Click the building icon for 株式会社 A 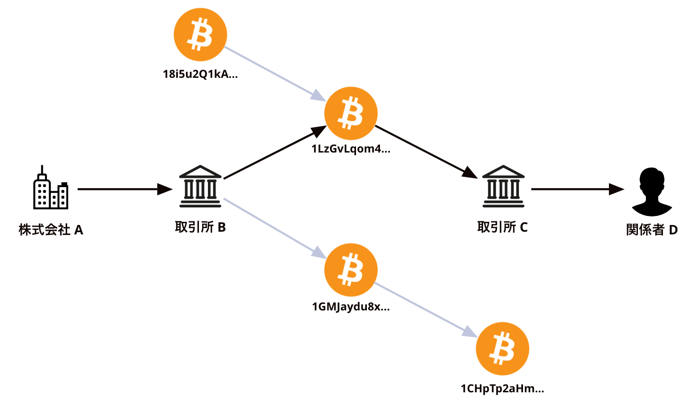pos(50,188)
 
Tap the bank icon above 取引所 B pos(200,187)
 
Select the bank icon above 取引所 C pos(503,187)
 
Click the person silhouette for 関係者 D pos(652,192)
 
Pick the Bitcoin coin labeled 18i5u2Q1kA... pos(200,35)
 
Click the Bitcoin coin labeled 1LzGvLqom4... pos(351,113)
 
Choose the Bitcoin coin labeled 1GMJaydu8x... pos(351,270)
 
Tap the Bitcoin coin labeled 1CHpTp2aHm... pos(502,349)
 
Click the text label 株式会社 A pos(51,230)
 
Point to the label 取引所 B pos(200,227)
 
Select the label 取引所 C pos(502,227)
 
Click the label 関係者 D pos(652,230)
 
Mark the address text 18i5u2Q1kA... pos(200,74)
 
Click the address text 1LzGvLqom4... pos(351,149)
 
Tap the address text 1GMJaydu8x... pos(351,307)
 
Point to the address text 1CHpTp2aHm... pos(502,389)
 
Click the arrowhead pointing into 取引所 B pos(165,189)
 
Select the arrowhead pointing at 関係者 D pos(616,189)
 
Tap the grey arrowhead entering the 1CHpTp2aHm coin pos(470,332)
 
